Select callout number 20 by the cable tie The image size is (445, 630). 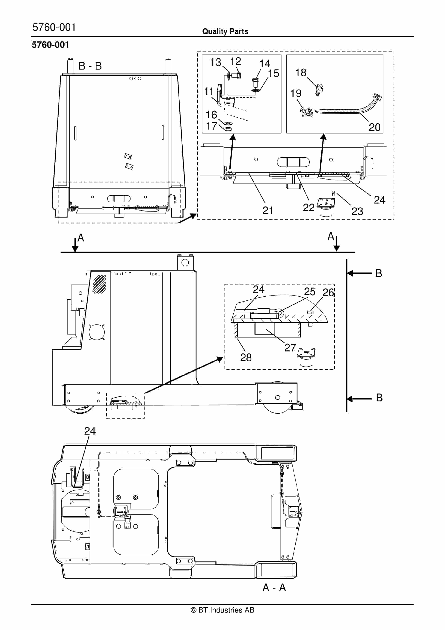(x=374, y=127)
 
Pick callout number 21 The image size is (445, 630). (x=268, y=210)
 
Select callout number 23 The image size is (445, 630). (x=357, y=211)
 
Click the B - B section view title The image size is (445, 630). (x=90, y=66)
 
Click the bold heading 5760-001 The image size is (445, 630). (x=50, y=45)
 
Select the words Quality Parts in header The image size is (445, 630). (x=225, y=31)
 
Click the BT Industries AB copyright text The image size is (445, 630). (x=222, y=610)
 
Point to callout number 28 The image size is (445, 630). (x=246, y=358)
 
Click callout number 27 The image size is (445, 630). (x=290, y=348)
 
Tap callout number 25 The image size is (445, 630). (x=309, y=291)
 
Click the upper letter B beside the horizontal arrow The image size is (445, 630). (x=378, y=273)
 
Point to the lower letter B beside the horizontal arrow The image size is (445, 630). (x=379, y=398)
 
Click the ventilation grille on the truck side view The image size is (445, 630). (x=99, y=284)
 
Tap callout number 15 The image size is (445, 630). (x=273, y=74)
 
